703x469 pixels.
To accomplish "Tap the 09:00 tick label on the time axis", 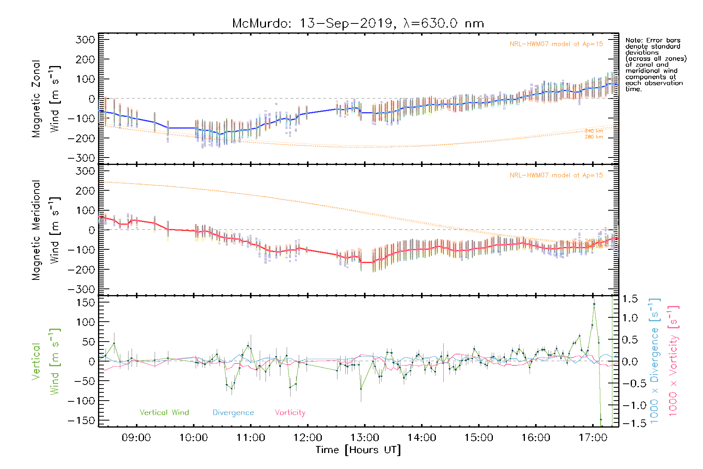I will tap(136, 438).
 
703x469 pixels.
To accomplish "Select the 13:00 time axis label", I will tap(365, 438).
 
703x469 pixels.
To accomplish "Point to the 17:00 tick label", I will tap(593, 438).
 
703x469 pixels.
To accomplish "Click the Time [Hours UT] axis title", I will tap(358, 450).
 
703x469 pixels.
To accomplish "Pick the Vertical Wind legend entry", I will tap(164, 413).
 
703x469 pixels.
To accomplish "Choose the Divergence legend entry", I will tap(233, 413).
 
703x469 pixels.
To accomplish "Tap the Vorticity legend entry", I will tap(290, 413).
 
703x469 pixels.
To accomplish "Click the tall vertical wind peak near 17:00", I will tap(594, 304).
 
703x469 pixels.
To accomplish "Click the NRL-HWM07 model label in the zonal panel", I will tap(556, 44).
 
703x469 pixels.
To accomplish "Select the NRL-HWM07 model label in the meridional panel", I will tap(556, 175).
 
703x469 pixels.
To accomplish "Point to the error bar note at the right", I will tap(655, 64).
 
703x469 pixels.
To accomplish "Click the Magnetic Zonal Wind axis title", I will tap(46, 98).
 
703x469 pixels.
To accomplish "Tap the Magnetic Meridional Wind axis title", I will tap(46, 230).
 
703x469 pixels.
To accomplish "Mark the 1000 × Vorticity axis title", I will tap(673, 361).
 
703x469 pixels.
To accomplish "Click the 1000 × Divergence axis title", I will tap(655, 361).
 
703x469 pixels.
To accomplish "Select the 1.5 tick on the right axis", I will tap(630, 299).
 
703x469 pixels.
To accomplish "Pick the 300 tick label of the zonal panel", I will tap(86, 40).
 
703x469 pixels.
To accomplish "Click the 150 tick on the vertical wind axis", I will tap(86, 303).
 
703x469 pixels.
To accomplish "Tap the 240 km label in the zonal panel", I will tap(594, 131).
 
